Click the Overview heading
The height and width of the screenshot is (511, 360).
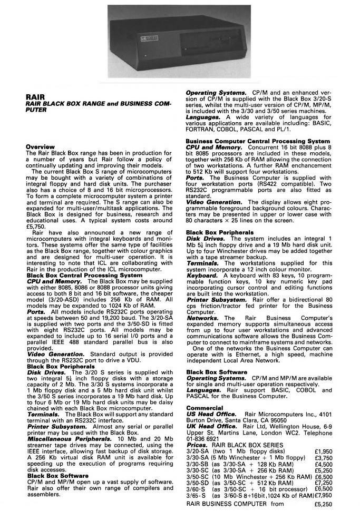tap(41, 146)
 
